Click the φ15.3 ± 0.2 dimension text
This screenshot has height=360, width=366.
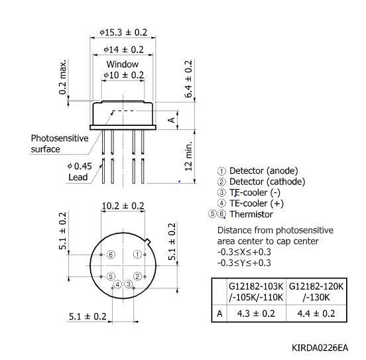click(x=123, y=32)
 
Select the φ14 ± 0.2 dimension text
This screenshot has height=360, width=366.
click(x=123, y=50)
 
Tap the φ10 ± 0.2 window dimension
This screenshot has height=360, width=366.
click(x=123, y=76)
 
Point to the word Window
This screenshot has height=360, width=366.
click(x=123, y=64)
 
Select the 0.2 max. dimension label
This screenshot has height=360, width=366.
click(x=62, y=78)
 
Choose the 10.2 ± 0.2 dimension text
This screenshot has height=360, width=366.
click(x=123, y=206)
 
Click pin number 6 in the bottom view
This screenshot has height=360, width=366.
click(x=111, y=255)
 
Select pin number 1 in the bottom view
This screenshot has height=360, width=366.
click(x=137, y=254)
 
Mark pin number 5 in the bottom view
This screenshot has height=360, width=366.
click(x=111, y=276)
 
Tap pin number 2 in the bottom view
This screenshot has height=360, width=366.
click(x=137, y=276)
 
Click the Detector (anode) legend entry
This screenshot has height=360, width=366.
click(x=261, y=170)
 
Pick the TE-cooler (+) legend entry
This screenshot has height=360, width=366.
click(x=259, y=204)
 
